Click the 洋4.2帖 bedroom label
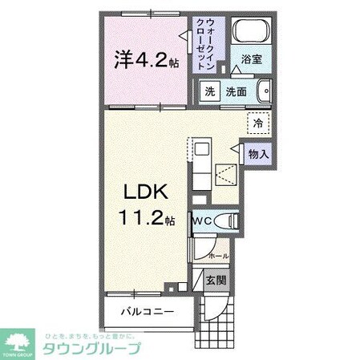(147, 61)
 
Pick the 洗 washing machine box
(208, 92)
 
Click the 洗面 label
(235, 92)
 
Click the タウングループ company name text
(92, 349)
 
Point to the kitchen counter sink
(200, 148)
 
